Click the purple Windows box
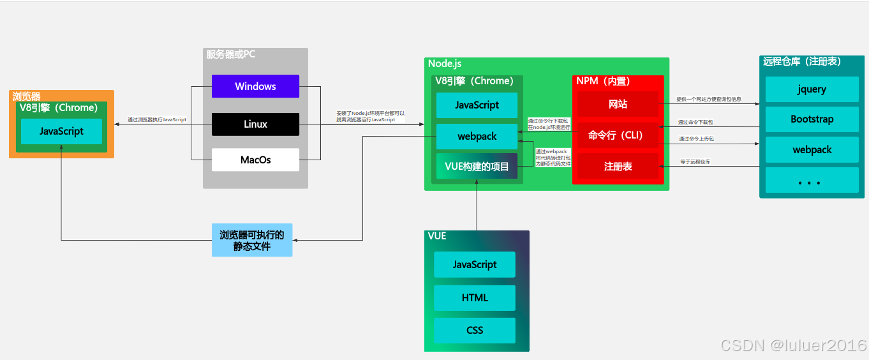255,86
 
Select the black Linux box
255,124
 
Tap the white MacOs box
255,160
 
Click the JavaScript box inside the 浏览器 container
61,131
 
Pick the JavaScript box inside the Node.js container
477,105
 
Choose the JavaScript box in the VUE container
474,264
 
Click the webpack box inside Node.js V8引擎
477,137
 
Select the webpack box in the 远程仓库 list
812,149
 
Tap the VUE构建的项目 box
477,167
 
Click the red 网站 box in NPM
618,104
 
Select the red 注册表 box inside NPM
618,166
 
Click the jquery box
812,89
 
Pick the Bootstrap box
812,119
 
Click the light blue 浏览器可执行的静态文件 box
251,240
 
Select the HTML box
474,297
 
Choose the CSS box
474,330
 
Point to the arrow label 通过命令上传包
695,139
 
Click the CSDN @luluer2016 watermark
793,345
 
